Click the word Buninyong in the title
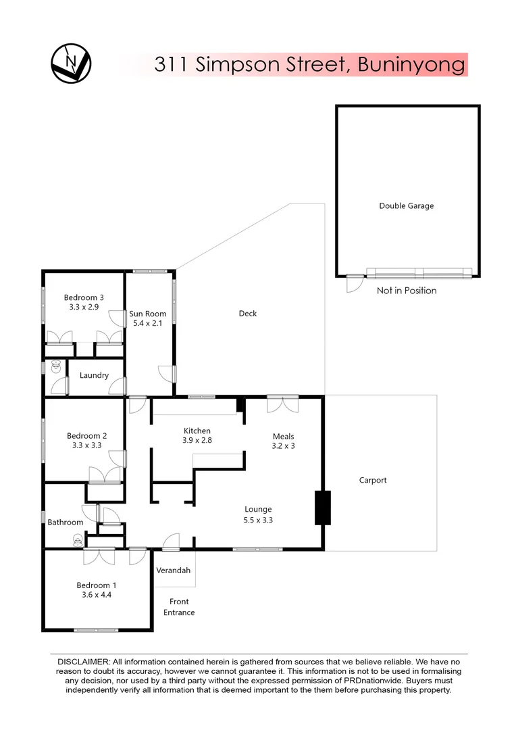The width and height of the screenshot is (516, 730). coord(411,65)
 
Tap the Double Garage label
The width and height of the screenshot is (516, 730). coord(406,206)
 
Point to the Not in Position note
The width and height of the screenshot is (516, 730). coord(406,291)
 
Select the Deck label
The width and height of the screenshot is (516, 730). coord(248,314)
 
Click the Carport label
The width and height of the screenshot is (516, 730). coord(373,481)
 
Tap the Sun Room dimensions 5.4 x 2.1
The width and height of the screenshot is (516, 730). coord(148,324)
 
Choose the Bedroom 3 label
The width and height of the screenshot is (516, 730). coord(84,297)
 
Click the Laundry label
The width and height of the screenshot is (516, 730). coord(94,375)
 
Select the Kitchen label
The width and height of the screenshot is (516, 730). coord(197,431)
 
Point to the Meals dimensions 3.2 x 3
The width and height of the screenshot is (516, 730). coord(284,446)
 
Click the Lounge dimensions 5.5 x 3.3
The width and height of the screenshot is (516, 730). coord(258,520)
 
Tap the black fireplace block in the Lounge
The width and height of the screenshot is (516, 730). coord(323,508)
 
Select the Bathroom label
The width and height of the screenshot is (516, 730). coord(66,522)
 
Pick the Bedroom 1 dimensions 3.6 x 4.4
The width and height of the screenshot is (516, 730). coord(97,595)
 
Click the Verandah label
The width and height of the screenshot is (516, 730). coord(174,570)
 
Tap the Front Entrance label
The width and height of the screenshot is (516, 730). coord(179,607)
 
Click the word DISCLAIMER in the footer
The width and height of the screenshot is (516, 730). coord(82,662)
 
